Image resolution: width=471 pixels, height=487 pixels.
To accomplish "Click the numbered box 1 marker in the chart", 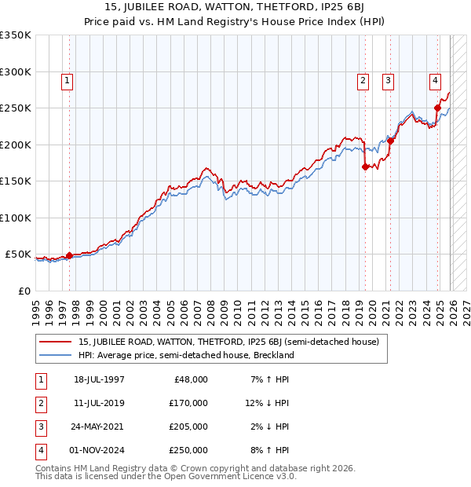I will [68, 79].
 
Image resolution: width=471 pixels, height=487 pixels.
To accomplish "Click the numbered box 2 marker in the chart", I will [363, 79].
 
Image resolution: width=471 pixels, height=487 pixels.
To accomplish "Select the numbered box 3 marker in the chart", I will [389, 79].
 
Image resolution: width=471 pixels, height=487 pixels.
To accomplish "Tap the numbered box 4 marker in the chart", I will [435, 79].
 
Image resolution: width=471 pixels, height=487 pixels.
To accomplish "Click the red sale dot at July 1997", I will [69, 255].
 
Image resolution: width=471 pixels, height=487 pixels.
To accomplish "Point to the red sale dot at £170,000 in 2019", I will [365, 167].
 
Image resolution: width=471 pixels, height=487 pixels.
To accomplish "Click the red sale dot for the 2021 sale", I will [390, 141].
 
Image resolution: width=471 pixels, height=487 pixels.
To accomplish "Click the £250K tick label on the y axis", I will [16, 108].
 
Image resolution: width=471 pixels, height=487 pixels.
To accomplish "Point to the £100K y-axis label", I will [16, 218].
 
